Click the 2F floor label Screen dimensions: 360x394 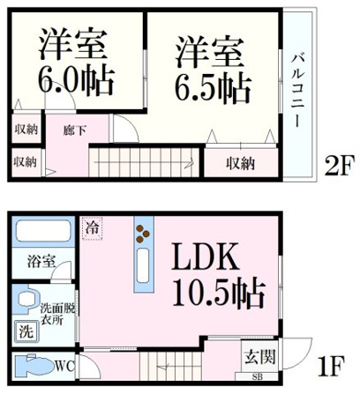[339, 165]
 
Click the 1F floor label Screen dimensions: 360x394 [330, 366]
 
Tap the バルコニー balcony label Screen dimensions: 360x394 [297, 91]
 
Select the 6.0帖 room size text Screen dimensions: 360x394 [76, 81]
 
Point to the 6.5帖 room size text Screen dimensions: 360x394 [214, 88]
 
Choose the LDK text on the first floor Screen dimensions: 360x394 [205, 256]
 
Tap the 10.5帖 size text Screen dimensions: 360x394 [219, 293]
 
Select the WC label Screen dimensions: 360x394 [64, 367]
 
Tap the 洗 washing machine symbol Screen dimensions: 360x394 [26, 332]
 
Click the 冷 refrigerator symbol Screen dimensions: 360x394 [93, 228]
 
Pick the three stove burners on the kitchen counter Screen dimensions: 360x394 [143, 234]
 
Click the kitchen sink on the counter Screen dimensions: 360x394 [144, 265]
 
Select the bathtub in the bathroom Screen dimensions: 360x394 [43, 231]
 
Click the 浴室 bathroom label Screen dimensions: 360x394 [41, 262]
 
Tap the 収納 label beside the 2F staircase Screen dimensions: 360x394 [241, 164]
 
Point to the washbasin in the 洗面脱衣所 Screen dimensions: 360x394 [27, 300]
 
